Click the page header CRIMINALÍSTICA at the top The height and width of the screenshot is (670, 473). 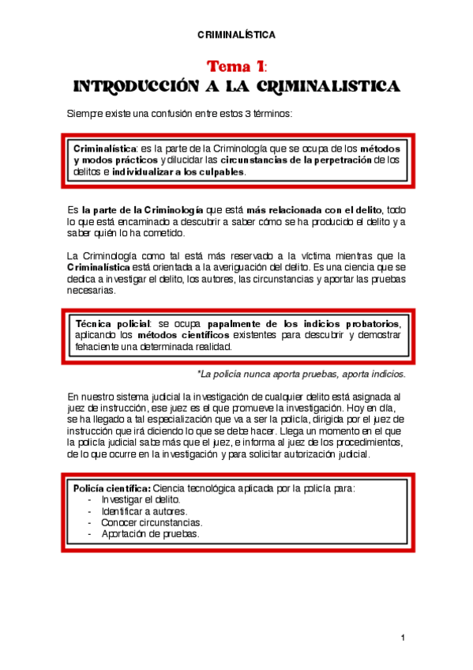[x=236, y=35]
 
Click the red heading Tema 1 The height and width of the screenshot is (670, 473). [x=235, y=65]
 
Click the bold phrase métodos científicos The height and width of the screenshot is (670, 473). [x=178, y=336]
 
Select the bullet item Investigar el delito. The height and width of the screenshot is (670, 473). [x=141, y=500]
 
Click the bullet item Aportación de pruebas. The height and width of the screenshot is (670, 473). [x=150, y=533]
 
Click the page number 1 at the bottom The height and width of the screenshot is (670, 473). [x=403, y=638]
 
